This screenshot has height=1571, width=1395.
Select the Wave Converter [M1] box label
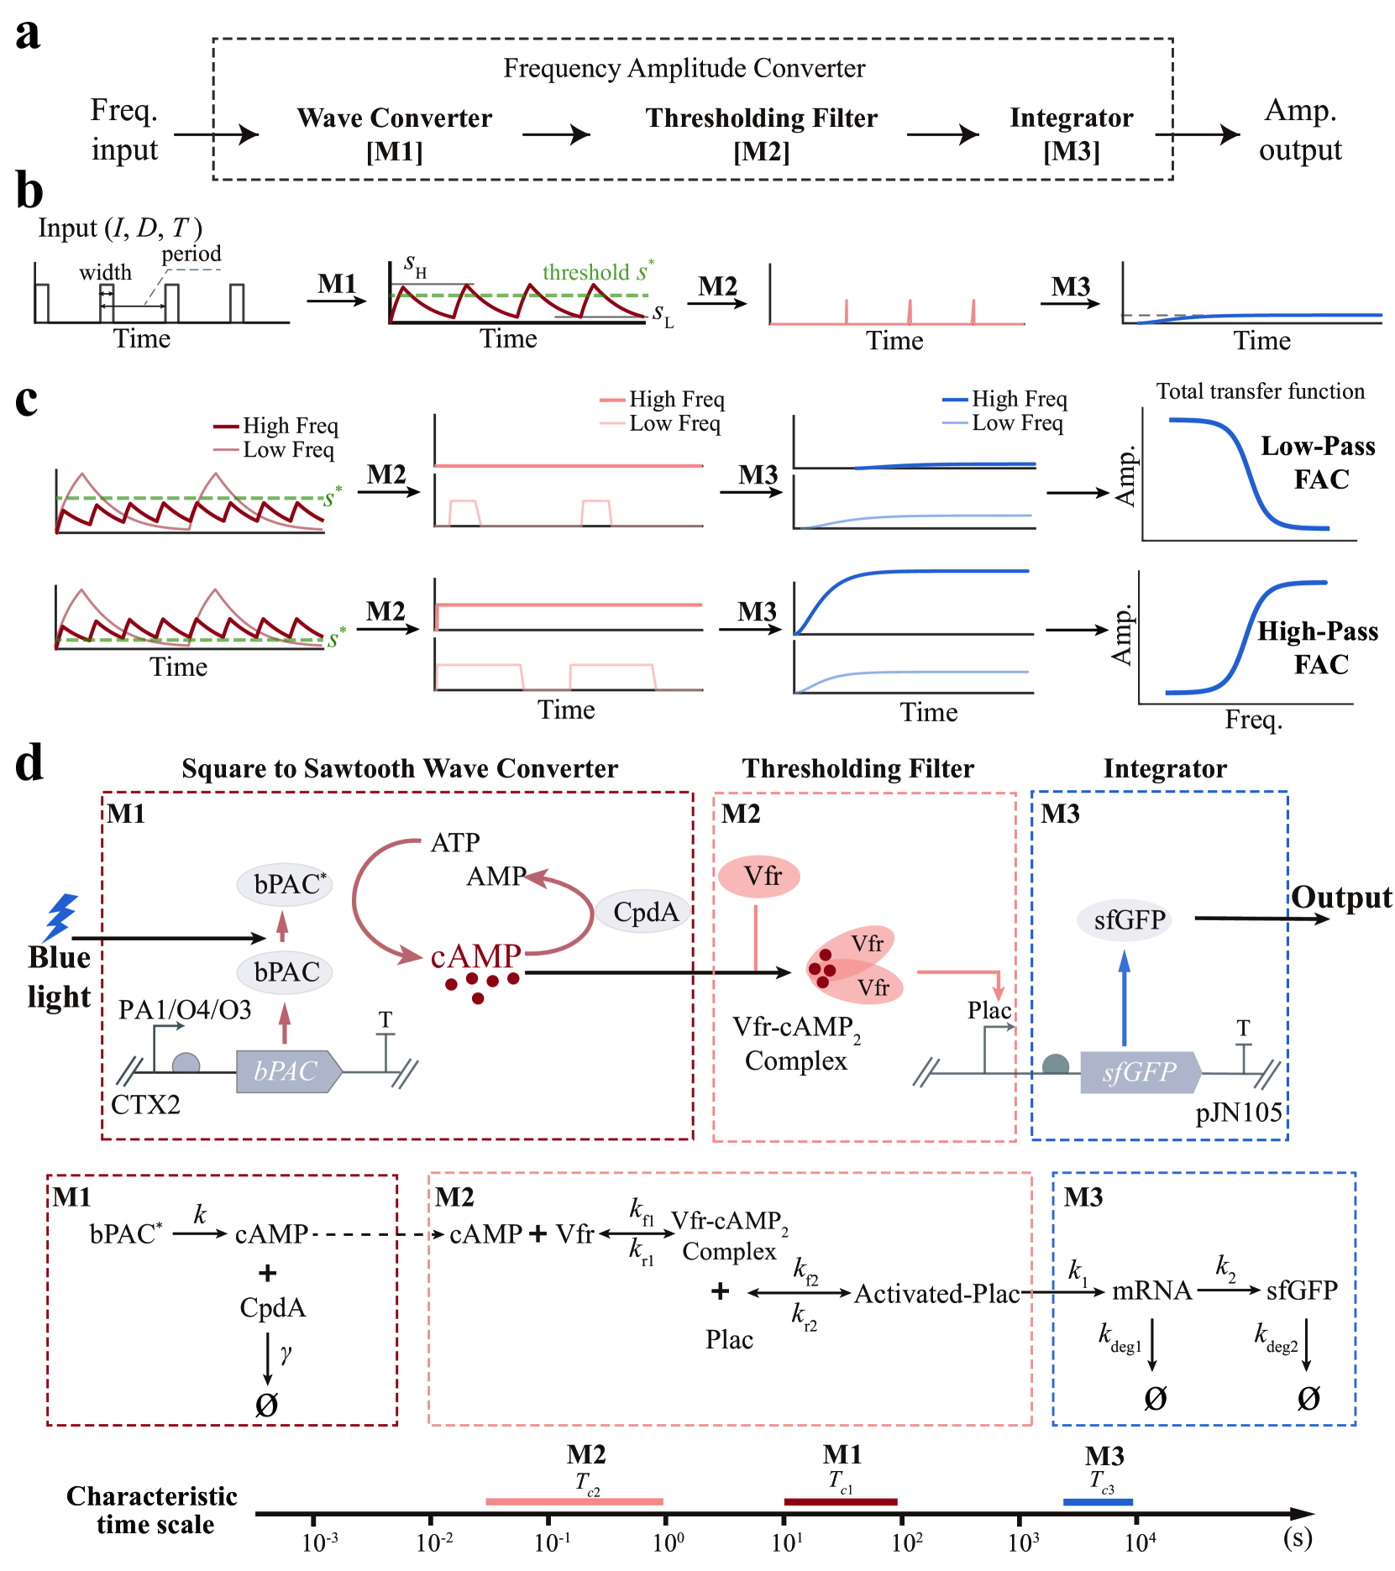pyautogui.click(x=394, y=134)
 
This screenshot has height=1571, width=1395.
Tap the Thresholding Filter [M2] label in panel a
pyautogui.click(x=761, y=134)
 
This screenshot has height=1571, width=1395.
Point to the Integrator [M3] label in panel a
pyautogui.click(x=1071, y=134)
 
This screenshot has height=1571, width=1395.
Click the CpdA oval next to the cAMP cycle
pyautogui.click(x=645, y=911)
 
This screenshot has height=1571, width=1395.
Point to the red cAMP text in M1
pyautogui.click(x=475, y=956)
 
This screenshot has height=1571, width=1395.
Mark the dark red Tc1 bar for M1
pyautogui.click(x=840, y=1501)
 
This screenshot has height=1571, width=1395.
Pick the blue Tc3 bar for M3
pyautogui.click(x=1098, y=1501)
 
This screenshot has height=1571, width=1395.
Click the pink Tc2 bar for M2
pyautogui.click(x=574, y=1501)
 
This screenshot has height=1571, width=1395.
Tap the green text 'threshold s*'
pyautogui.click(x=597, y=272)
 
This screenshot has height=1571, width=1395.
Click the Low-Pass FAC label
pyautogui.click(x=1318, y=462)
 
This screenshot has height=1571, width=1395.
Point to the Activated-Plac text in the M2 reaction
pyautogui.click(x=936, y=1294)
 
